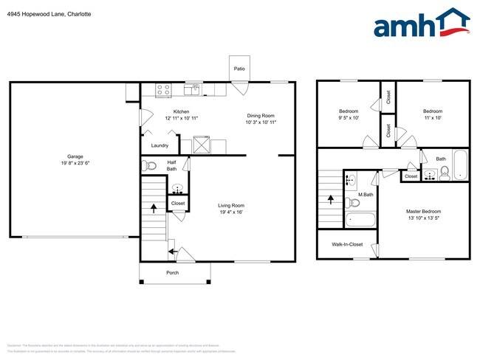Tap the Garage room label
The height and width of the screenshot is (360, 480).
pos(75,156)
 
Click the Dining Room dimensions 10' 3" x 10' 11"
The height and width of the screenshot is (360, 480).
pos(260,122)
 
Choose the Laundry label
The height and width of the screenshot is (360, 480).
pos(160,145)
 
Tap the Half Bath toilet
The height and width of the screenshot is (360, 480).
pos(150,166)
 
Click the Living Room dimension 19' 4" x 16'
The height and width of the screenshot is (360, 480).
pos(230,212)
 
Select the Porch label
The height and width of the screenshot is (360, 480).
pos(172,273)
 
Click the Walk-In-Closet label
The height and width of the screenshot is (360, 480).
pos(347,244)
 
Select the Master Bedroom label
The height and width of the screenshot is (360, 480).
pos(424,211)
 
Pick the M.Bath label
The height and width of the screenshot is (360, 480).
pos(364,195)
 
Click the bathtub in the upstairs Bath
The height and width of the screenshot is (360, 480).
pos(460,165)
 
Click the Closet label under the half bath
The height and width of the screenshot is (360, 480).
pos(178,203)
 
